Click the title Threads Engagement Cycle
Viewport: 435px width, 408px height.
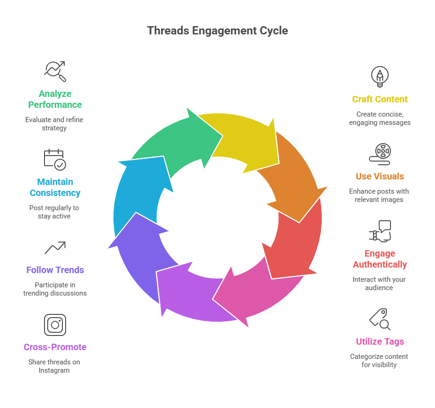[217, 31]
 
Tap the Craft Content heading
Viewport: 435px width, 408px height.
[379, 99]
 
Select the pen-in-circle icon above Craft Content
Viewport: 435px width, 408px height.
[379, 76]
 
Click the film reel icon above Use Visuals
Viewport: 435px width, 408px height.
[380, 154]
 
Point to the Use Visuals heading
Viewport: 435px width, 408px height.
[379, 176]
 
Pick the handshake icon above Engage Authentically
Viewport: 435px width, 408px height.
[380, 231]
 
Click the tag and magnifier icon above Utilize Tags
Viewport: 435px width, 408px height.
[380, 319]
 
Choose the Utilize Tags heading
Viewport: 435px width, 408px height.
[379, 341]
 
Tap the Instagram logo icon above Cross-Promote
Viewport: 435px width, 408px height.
[55, 324]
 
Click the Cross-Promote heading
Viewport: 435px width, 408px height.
[55, 347]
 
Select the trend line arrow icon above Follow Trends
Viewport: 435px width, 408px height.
[55, 248]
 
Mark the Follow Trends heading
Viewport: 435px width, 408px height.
[55, 270]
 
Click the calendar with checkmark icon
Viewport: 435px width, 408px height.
[55, 159]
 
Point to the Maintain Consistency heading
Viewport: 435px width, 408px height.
[55, 187]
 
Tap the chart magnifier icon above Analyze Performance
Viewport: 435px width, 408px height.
[55, 71]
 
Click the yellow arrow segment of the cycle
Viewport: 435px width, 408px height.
[243, 138]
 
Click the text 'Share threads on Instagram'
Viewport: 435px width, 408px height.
[54, 366]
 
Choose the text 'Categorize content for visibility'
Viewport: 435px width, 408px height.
[379, 360]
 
